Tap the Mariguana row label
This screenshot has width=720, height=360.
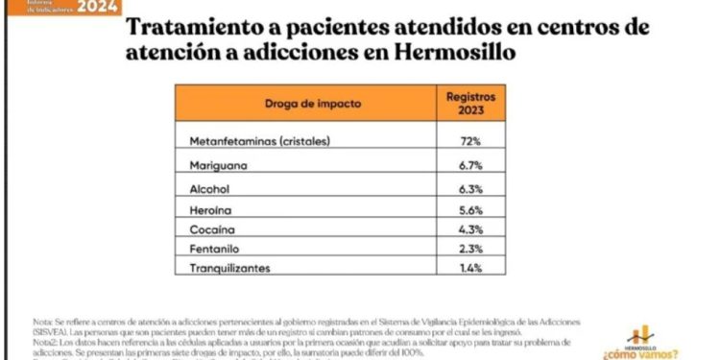coord(219,165)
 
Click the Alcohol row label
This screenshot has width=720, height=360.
coord(211,188)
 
